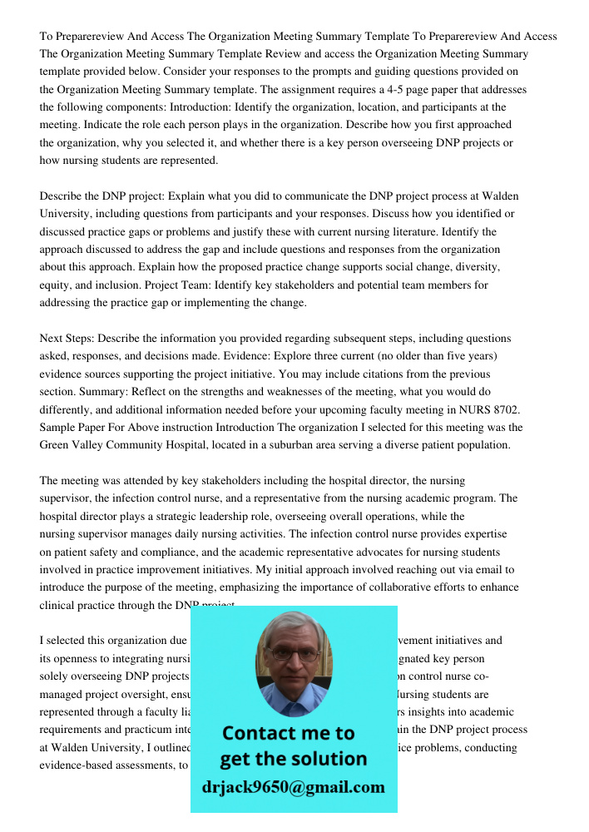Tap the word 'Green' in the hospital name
57,445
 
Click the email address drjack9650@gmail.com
294,787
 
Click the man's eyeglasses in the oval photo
294,655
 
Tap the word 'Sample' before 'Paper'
58,428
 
